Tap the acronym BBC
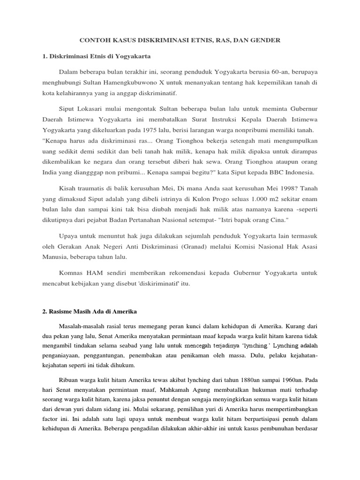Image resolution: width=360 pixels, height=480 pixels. (x=275, y=172)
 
